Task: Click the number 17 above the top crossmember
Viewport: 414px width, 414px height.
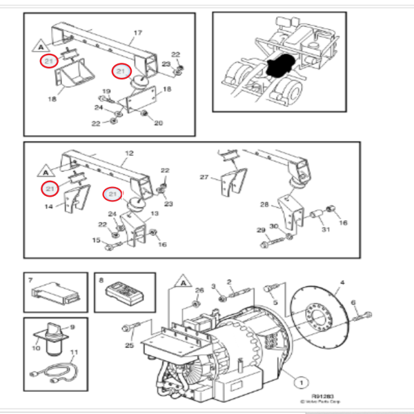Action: [x=137, y=32]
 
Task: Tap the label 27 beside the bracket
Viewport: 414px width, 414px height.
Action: [x=204, y=177]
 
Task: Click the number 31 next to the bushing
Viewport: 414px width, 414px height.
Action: [x=325, y=230]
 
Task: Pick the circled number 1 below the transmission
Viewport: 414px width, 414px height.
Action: [x=302, y=379]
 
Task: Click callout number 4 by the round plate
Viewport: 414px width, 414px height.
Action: [x=340, y=283]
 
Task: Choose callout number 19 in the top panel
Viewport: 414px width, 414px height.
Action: [x=107, y=92]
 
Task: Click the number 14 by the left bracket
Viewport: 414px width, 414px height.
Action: [x=49, y=207]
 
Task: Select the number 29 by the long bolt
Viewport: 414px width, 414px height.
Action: [x=261, y=230]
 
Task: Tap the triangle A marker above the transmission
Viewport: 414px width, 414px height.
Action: [x=184, y=282]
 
